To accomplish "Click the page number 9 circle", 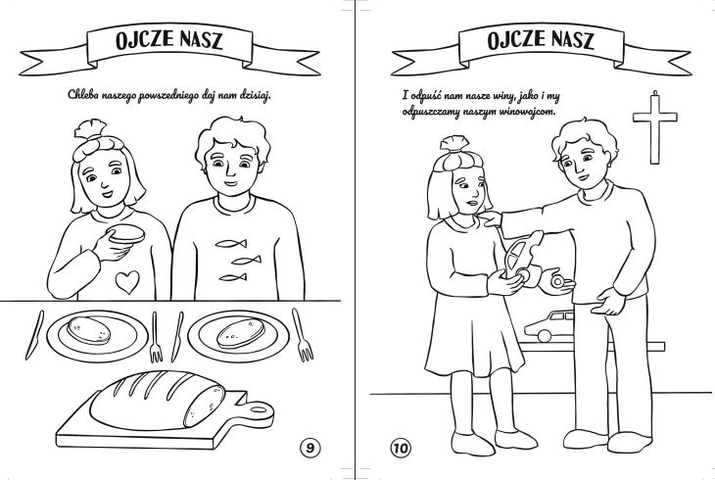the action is [310, 448].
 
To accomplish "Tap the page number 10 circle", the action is [400, 448].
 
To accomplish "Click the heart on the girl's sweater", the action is [127, 282].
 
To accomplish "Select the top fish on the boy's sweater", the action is [231, 244].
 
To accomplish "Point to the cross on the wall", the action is [655, 127].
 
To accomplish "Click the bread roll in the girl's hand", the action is [126, 233].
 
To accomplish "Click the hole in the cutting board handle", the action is [259, 409].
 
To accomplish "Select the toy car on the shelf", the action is [548, 326].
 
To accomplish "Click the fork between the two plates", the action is [156, 338].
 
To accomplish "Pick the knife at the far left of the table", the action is [34, 335].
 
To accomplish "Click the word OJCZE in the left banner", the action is [145, 40].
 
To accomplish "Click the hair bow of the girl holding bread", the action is [91, 128].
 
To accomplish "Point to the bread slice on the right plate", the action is [240, 333].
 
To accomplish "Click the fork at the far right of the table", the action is [302, 334].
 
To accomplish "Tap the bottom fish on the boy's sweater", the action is [233, 277].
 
